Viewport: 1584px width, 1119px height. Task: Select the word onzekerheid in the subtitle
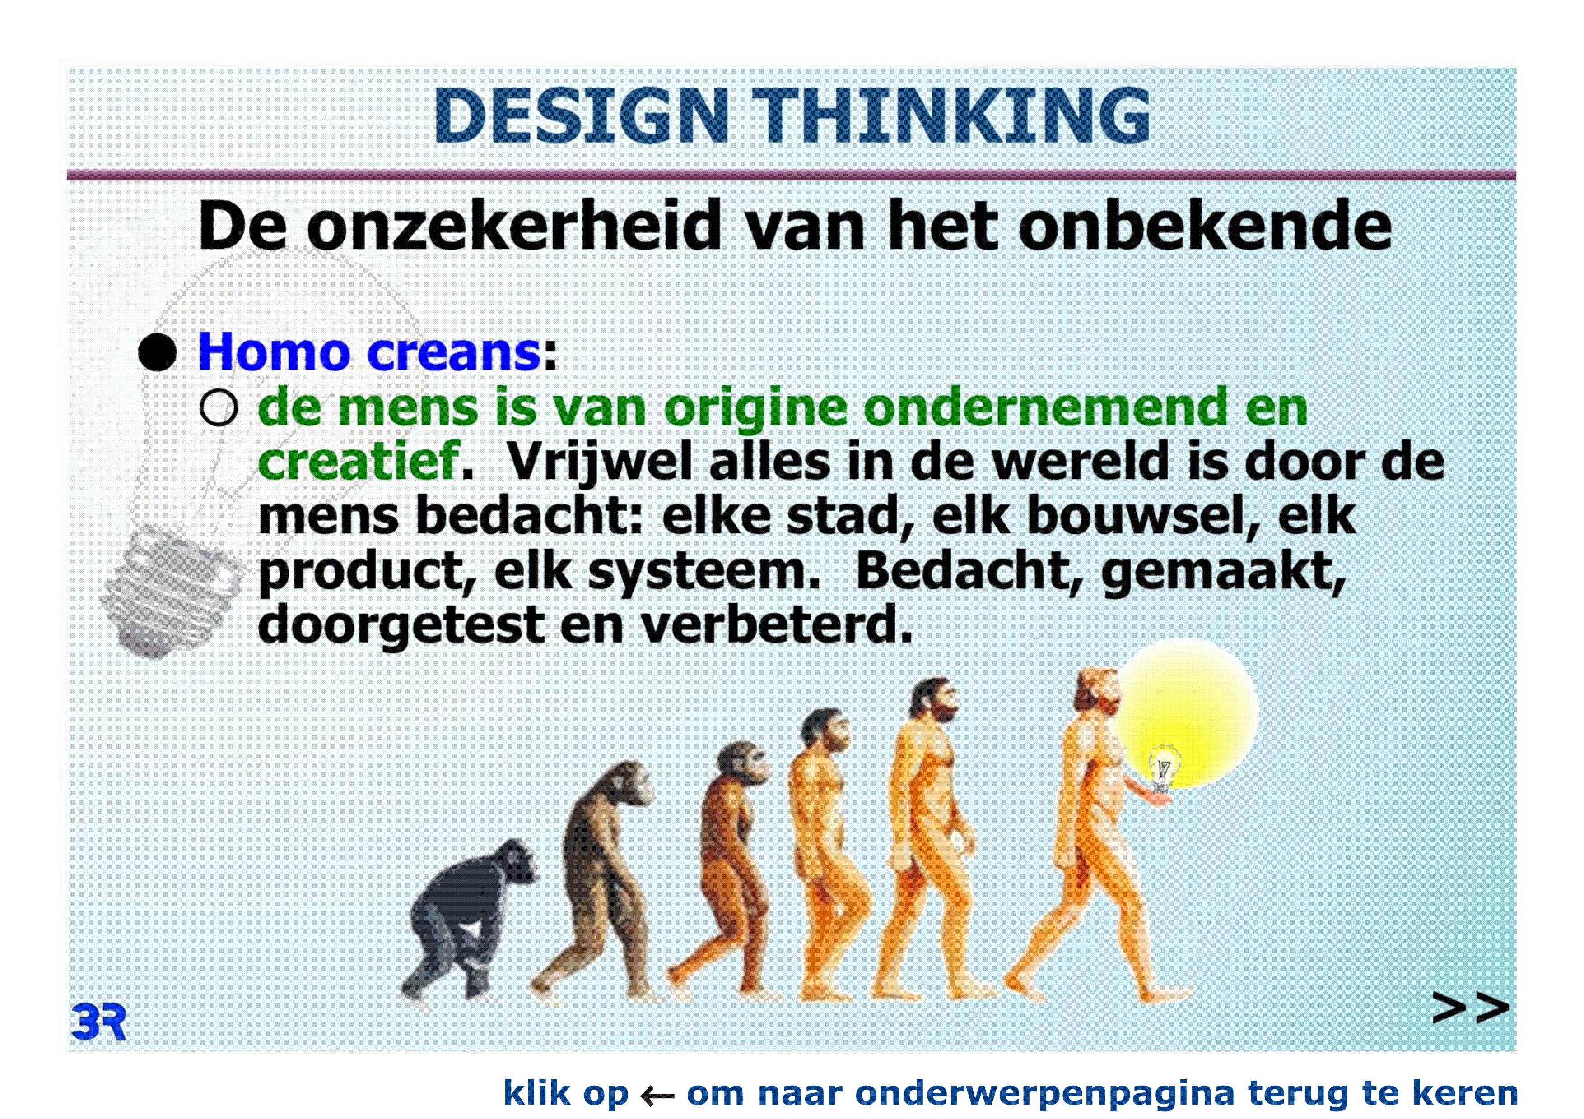(x=513, y=226)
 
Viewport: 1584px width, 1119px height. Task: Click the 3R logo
(x=98, y=1022)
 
